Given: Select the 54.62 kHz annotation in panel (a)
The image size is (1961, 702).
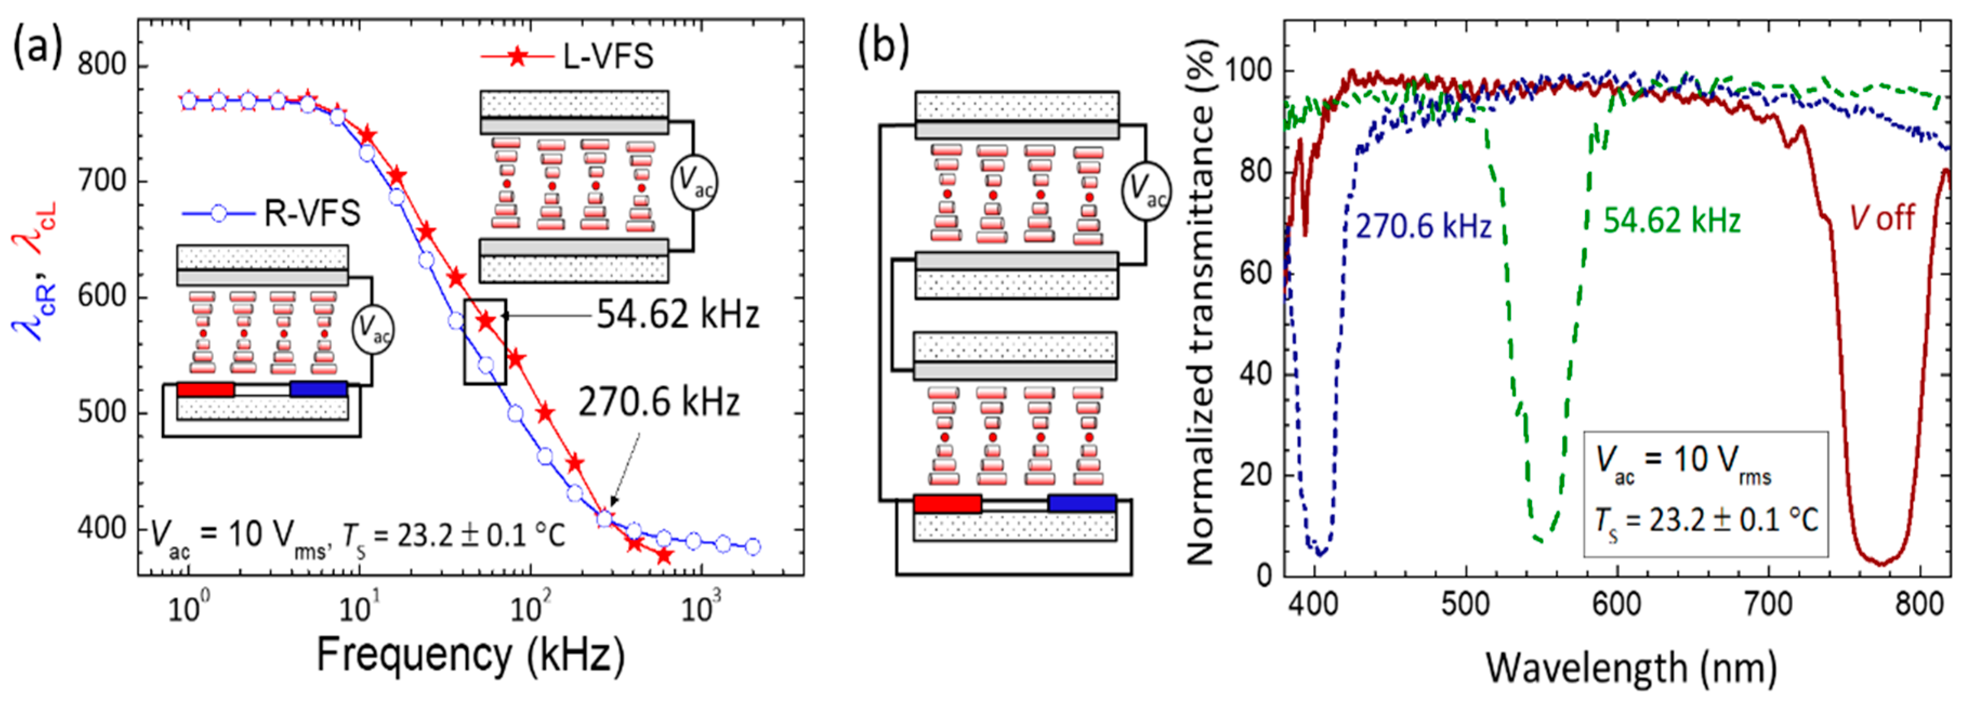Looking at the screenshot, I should click(x=677, y=314).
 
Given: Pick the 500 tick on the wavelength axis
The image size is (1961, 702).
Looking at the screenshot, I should click(x=1465, y=605).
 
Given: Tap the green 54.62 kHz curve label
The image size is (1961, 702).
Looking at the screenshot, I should click(x=1672, y=221).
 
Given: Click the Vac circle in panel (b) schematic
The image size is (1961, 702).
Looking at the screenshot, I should click(x=1146, y=191).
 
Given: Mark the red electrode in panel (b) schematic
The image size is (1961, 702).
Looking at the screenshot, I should click(x=947, y=504).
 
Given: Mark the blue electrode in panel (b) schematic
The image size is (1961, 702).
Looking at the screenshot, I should click(x=1082, y=504).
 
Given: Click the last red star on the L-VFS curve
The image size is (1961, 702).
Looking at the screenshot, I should click(x=664, y=556).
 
